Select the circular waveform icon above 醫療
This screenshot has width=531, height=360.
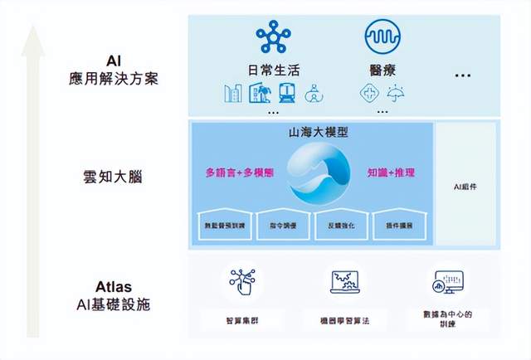pos(382,36)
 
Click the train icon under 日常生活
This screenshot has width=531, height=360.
pos(286,93)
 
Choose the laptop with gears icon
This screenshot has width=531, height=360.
pos(343,281)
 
